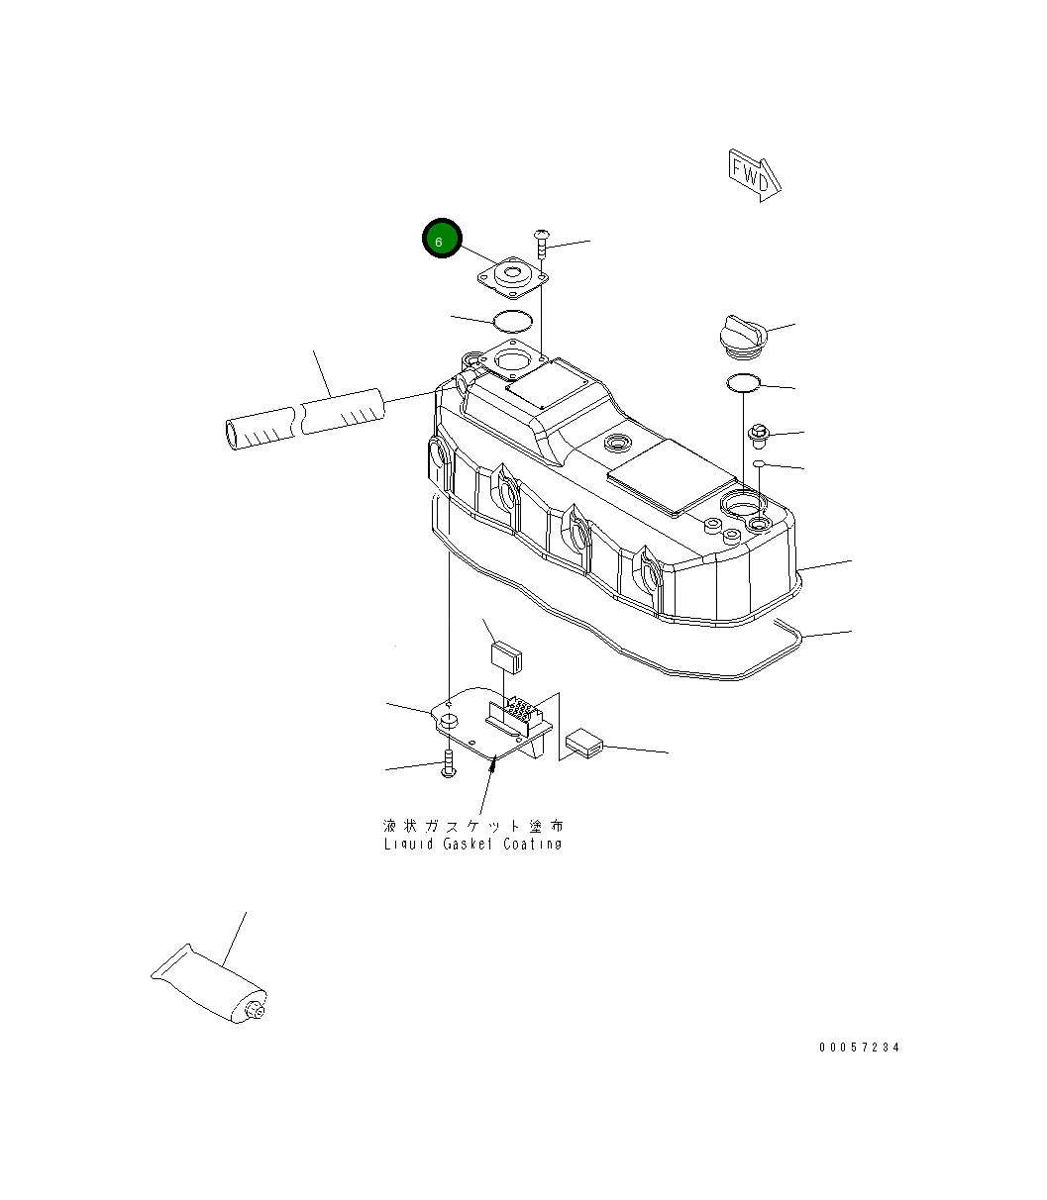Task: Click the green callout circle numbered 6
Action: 442,239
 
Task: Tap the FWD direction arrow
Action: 755,176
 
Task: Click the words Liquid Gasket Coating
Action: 472,844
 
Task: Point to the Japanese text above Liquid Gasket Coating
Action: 472,826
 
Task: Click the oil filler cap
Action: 743,337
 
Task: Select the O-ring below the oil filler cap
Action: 743,383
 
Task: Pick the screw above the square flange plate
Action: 541,245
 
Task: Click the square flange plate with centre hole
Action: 513,277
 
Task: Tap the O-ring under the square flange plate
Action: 513,321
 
